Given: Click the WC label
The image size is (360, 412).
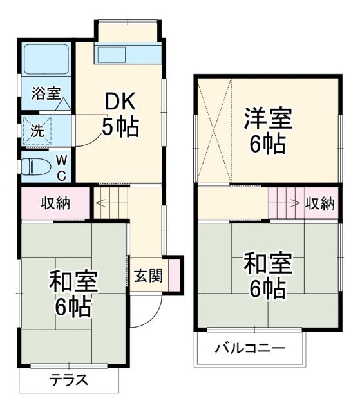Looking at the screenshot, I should coord(60,167).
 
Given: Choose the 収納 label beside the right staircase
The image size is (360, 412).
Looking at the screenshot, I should coord(319,203).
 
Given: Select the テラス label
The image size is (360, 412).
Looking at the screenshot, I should coord(69,380).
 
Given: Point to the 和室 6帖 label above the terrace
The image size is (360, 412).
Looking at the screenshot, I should coord(73,293).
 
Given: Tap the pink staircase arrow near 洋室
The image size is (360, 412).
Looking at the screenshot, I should coord(284,203).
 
